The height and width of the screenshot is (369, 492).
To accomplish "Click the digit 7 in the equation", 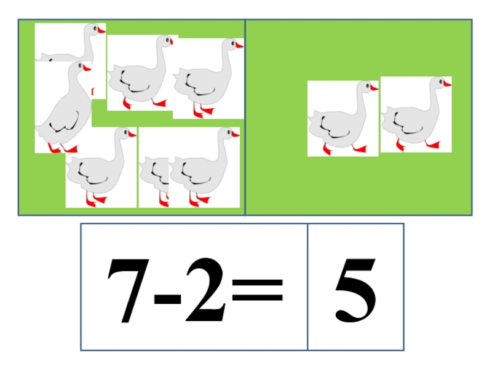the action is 129,290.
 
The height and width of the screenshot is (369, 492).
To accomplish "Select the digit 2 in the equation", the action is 205,289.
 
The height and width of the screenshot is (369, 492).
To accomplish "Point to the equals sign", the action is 257,290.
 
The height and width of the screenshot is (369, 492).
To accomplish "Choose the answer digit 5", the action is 355,290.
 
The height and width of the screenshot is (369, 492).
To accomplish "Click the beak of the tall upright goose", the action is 87,68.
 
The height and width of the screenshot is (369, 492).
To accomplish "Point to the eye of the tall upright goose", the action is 80,66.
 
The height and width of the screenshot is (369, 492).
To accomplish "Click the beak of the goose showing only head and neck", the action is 101,30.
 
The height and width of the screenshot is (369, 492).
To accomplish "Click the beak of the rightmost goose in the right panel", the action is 447,84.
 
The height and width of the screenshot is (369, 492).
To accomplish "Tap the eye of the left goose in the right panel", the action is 368,85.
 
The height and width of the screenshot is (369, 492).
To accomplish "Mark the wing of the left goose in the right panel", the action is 334,128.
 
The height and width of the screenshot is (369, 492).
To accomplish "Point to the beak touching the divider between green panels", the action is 239,46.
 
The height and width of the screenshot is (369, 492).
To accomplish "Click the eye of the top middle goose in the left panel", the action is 167,40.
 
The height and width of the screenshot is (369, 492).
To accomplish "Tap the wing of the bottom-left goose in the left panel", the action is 93,174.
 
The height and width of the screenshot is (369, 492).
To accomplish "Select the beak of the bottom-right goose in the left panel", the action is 236,134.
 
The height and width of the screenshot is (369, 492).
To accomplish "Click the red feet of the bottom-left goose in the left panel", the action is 96,200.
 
